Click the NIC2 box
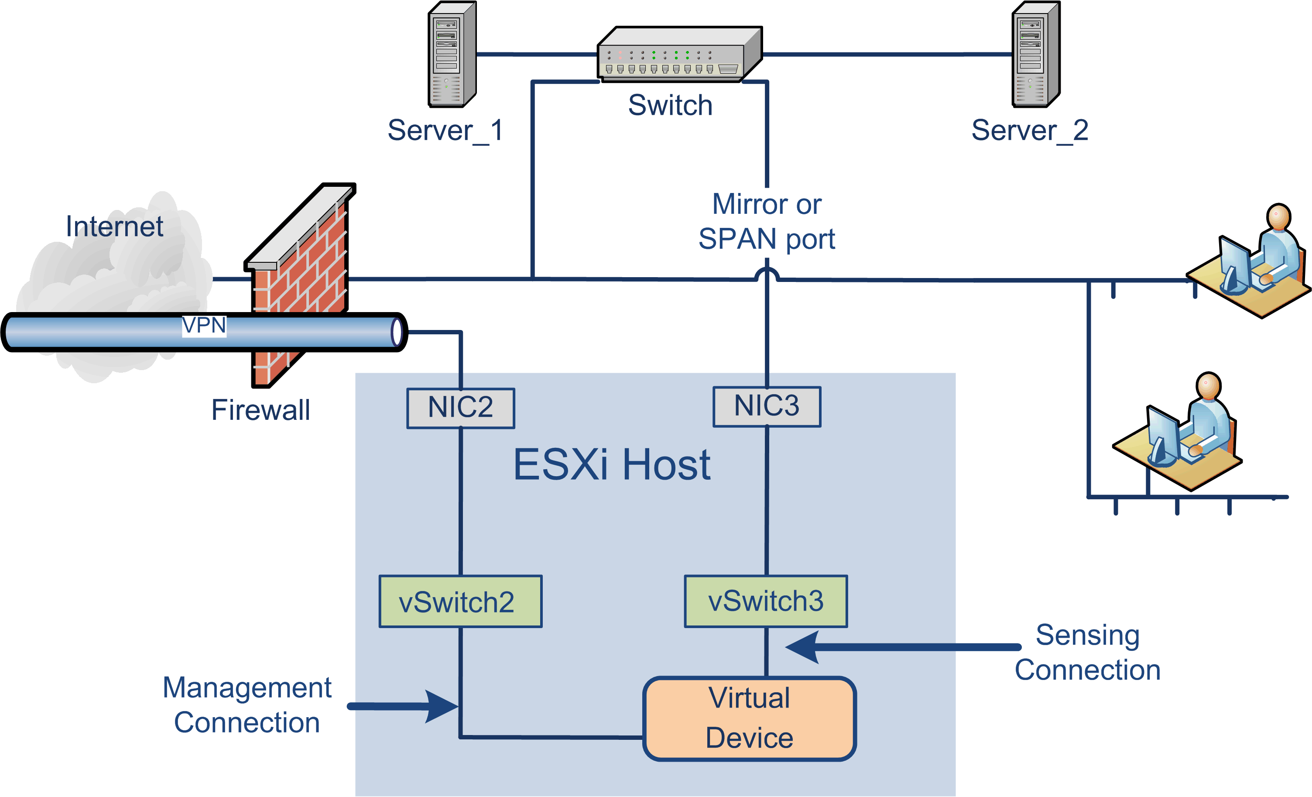(461, 408)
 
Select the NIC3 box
(767, 406)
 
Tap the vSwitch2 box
(461, 601)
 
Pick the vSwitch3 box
(766, 601)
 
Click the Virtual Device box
(749, 718)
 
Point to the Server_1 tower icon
(452, 54)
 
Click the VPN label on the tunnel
(204, 325)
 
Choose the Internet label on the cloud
(114, 227)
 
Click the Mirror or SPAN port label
(767, 221)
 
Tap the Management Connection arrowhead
(442, 706)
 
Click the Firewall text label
(260, 410)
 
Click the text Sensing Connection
(1087, 652)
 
